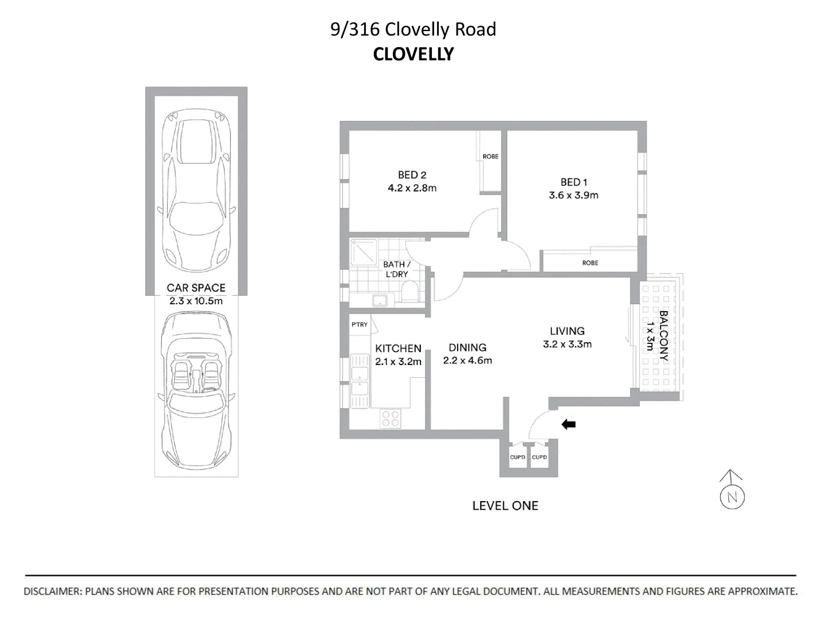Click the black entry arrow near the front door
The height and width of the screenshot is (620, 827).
click(x=569, y=425)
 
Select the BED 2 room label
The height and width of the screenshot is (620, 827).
click(x=412, y=175)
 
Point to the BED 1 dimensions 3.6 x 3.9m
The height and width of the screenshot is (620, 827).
click(x=573, y=195)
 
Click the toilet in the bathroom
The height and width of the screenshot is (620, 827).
click(x=410, y=292)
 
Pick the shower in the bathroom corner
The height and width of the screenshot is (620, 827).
click(x=364, y=252)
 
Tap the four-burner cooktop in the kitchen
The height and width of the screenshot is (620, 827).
click(x=391, y=418)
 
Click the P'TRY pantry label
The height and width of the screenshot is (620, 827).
click(x=359, y=324)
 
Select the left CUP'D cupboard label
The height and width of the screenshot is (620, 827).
click(x=517, y=457)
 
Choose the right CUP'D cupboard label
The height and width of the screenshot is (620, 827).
click(x=539, y=457)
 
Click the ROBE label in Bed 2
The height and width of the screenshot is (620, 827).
click(x=490, y=156)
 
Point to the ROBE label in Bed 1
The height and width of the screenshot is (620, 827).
click(x=590, y=263)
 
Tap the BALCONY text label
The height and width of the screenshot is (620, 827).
click(x=663, y=336)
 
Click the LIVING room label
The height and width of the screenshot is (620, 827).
click(x=567, y=331)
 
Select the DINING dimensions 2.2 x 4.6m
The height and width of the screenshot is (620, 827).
click(x=467, y=361)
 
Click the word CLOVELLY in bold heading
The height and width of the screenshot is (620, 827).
click(x=413, y=54)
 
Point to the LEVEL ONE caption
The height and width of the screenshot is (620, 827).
click(x=505, y=506)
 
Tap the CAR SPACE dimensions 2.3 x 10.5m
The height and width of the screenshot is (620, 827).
click(x=196, y=301)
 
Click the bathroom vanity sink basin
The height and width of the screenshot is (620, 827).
click(x=380, y=301)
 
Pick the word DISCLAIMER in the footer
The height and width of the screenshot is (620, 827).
click(x=53, y=591)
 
